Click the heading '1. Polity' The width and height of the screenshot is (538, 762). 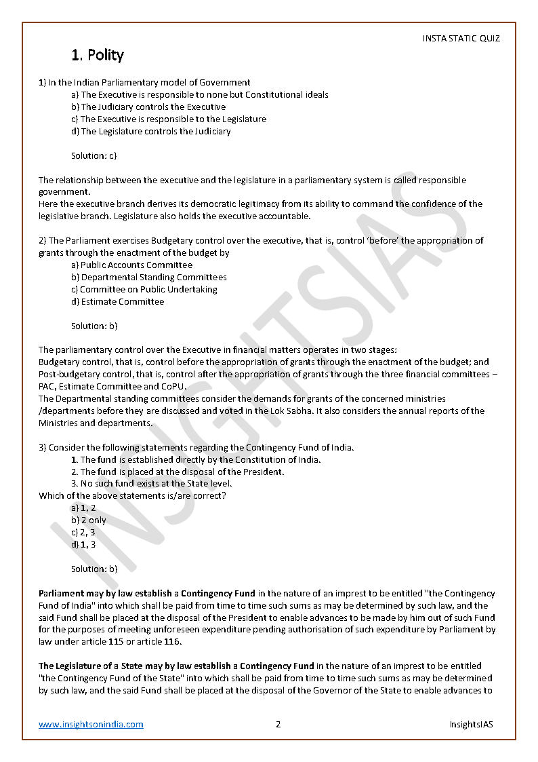pyautogui.click(x=98, y=55)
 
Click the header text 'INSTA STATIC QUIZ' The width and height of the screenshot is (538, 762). pyautogui.click(x=461, y=39)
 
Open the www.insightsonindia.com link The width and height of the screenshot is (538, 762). pyautogui.click(x=91, y=724)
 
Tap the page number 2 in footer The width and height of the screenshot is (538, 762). pyautogui.click(x=278, y=724)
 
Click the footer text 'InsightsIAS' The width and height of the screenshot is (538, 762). pyautogui.click(x=471, y=724)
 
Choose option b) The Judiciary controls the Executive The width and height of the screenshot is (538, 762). pyautogui.click(x=148, y=107)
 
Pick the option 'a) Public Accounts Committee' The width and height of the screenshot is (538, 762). pyautogui.click(x=131, y=265)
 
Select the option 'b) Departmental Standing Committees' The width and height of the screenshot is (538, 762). pyautogui.click(x=149, y=278)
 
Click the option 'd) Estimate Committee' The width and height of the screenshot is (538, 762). pyautogui.click(x=117, y=302)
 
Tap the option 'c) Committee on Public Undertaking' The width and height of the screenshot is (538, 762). pyautogui.click(x=144, y=290)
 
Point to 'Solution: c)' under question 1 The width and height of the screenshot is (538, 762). pyautogui.click(x=94, y=156)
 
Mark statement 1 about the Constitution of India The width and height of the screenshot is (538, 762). pyautogui.click(x=196, y=459)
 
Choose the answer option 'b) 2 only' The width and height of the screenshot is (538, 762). pyautogui.click(x=89, y=520)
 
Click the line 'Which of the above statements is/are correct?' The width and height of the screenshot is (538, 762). pyautogui.click(x=132, y=496)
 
